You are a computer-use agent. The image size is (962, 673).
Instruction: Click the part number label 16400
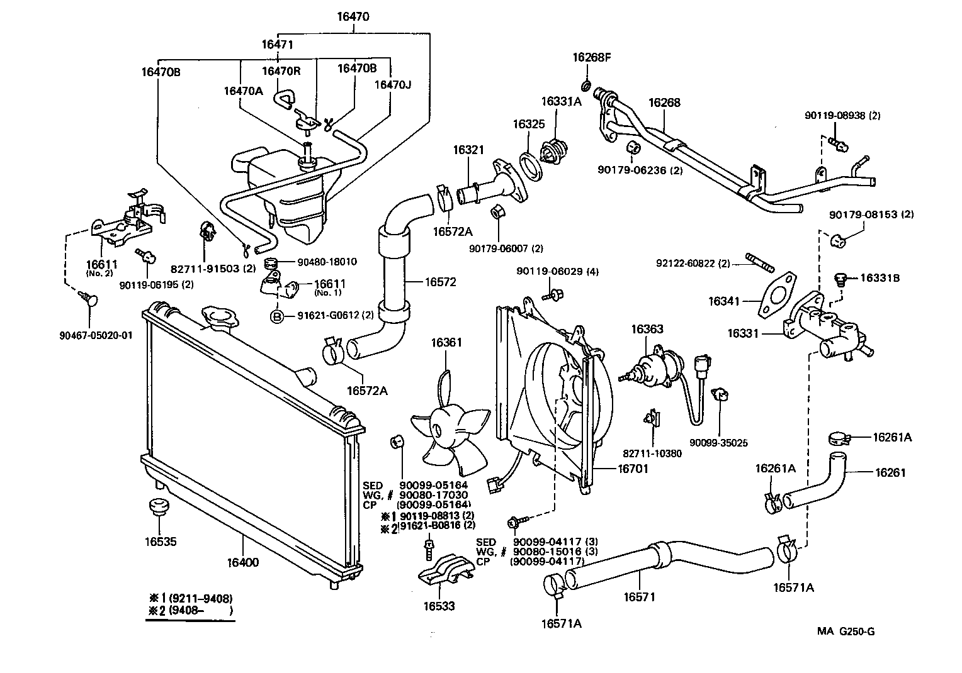point(242,562)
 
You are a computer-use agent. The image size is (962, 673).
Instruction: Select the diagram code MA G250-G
point(846,631)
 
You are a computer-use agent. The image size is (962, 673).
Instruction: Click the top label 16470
point(353,18)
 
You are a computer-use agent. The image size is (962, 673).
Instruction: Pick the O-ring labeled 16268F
point(586,85)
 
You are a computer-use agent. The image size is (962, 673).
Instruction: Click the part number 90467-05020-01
point(92,335)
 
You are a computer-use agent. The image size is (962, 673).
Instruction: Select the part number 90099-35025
point(718,442)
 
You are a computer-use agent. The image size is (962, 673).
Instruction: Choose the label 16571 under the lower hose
point(639,596)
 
